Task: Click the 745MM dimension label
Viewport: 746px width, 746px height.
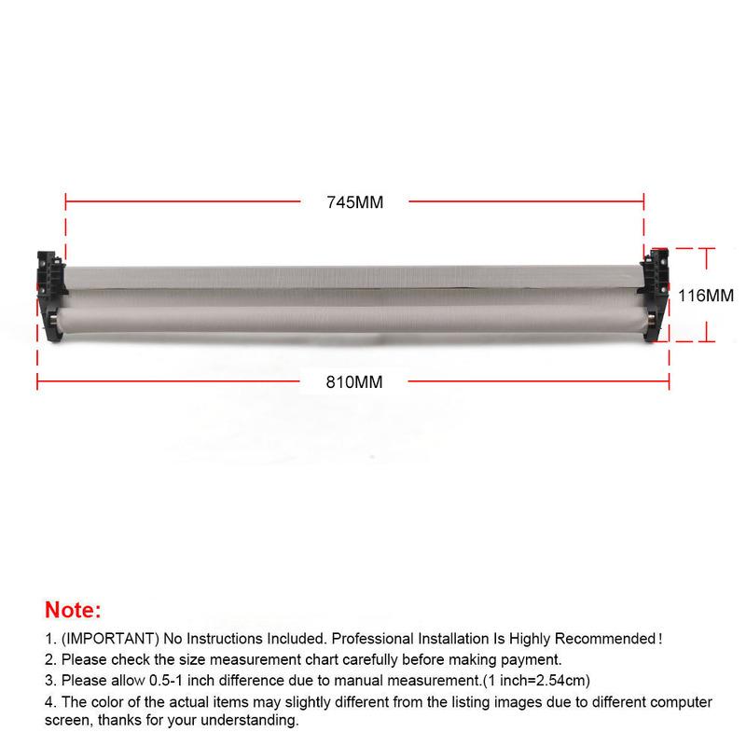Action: click(355, 202)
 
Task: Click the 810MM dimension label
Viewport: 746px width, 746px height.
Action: click(354, 382)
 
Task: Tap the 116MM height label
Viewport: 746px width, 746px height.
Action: click(706, 296)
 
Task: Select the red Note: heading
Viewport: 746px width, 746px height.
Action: click(73, 610)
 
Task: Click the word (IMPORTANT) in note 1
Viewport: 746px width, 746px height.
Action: click(110, 639)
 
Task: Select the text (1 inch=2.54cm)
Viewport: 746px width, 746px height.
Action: click(536, 681)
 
